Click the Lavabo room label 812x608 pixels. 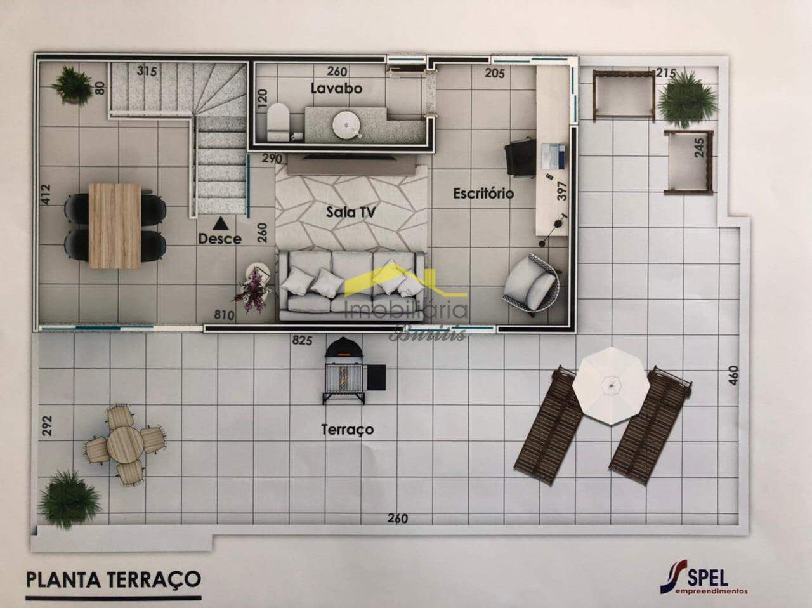336,88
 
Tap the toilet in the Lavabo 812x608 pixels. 277,121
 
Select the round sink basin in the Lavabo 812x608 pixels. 346,123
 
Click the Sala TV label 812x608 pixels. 350,212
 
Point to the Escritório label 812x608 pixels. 483,193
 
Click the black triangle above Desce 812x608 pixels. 220,223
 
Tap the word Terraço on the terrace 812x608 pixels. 347,430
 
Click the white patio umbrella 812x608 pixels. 610,385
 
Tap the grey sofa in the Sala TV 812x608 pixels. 352,286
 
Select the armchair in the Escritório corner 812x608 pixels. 532,284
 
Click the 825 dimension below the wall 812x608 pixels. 302,341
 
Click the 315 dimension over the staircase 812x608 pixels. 147,71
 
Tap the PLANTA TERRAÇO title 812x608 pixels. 114,579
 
